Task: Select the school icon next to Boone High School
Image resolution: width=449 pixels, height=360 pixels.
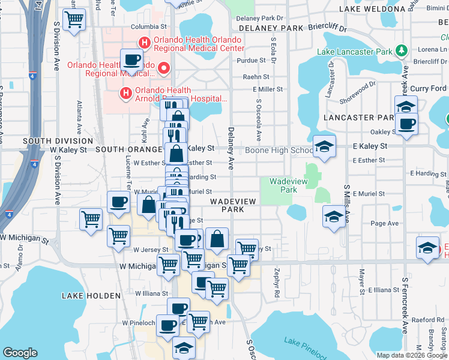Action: click(324, 147)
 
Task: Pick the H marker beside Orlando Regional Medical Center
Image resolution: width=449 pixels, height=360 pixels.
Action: click(144, 43)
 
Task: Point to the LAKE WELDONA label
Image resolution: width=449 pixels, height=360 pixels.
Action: click(372, 9)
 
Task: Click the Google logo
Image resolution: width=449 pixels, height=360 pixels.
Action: click(20, 353)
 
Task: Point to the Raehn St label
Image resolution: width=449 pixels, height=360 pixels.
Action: click(256, 77)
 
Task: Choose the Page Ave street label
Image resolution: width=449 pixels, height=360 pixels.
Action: click(385, 223)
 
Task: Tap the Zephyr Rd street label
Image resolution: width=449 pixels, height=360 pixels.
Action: click(277, 283)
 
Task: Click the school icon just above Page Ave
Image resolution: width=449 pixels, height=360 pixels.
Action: click(334, 216)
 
